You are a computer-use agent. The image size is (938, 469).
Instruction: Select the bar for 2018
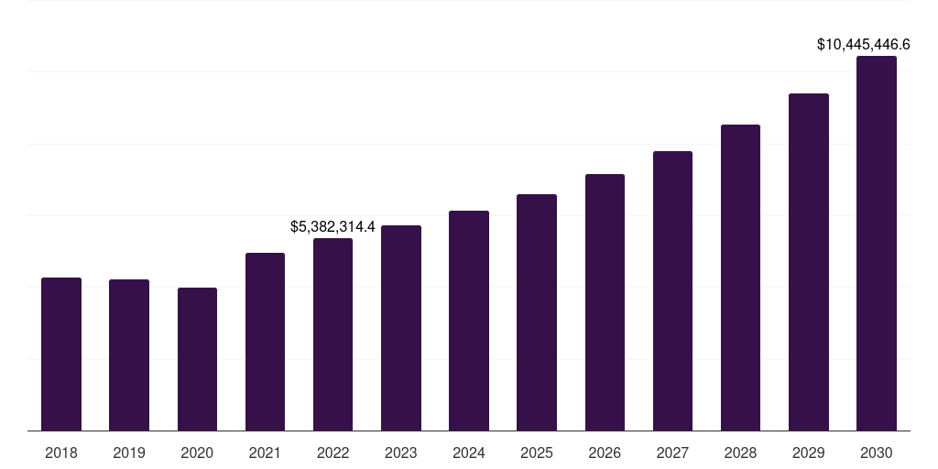tap(61, 354)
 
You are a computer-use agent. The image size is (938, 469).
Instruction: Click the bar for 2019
tap(129, 354)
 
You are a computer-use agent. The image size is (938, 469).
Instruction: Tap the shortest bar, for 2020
tap(197, 359)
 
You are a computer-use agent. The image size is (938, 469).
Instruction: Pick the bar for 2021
tap(265, 342)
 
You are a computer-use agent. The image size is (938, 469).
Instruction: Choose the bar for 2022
tap(333, 334)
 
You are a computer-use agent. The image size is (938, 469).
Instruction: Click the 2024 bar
tap(469, 321)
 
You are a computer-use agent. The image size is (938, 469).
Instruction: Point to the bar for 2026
tap(605, 302)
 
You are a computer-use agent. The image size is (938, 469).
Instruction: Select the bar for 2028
tap(740, 278)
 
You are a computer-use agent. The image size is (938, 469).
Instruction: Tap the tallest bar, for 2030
tap(877, 243)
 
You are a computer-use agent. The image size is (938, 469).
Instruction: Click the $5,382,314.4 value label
tap(333, 226)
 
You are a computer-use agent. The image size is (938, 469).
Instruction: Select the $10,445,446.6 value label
tap(864, 44)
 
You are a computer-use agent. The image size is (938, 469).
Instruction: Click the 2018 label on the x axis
tap(61, 453)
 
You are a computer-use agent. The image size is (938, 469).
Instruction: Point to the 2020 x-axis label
tap(197, 453)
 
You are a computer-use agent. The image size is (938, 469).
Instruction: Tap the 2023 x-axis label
tap(400, 453)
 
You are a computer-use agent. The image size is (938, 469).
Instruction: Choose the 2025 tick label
tap(537, 453)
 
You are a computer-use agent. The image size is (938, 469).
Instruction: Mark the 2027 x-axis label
tap(672, 453)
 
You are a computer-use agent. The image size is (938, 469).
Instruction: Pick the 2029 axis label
tap(808, 453)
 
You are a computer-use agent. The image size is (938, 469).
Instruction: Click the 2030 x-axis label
tap(877, 453)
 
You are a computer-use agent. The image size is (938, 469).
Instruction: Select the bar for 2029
tap(808, 262)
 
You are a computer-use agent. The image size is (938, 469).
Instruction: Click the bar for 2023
tap(400, 328)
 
